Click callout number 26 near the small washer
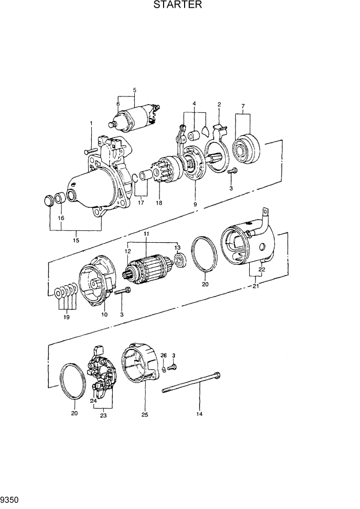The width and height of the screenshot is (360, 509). [x=164, y=355]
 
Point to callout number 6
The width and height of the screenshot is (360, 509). [x=118, y=104]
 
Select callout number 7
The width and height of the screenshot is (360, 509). [x=243, y=106]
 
